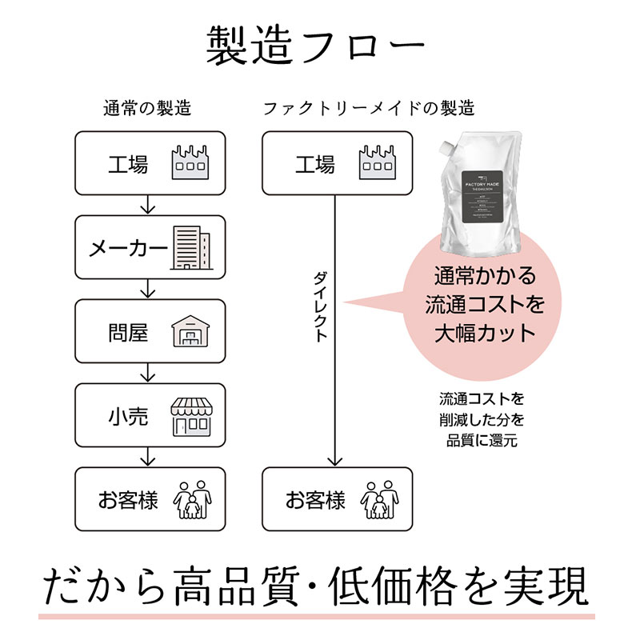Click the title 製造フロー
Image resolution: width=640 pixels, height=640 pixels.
315,46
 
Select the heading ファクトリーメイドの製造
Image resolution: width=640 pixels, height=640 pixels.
369,108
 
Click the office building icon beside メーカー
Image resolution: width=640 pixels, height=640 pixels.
191,245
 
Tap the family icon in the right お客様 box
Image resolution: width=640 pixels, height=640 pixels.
378,499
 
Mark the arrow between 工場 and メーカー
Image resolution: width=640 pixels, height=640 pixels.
146,206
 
